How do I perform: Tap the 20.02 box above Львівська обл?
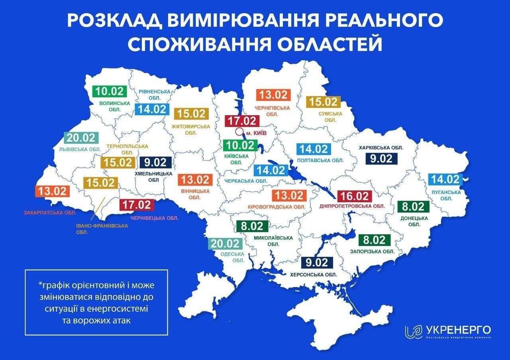[81, 138]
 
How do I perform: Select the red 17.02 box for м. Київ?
[242, 121]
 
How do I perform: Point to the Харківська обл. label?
[381, 148]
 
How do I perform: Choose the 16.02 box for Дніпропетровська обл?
[354, 196]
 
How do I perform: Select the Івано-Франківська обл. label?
[102, 229]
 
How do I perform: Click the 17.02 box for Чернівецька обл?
[136, 205]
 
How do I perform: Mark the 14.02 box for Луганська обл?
[445, 179]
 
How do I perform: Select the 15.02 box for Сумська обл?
[324, 102]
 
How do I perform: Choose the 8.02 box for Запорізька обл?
[374, 240]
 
